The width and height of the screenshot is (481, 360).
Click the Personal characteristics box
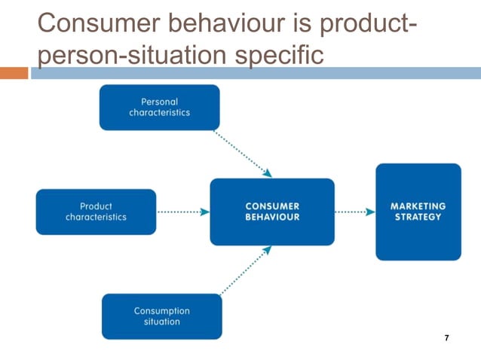(159, 107)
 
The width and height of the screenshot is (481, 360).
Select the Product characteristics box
(96, 212)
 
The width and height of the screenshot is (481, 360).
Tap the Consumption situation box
(161, 316)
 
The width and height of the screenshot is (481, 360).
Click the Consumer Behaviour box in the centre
(271, 212)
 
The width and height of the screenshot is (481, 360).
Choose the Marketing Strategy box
(418, 212)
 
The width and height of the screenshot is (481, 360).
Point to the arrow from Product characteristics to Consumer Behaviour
(183, 212)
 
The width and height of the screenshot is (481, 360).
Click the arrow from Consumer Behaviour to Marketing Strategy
(354, 212)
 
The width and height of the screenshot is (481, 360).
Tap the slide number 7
(447, 338)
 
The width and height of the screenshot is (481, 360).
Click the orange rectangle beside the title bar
(14, 73)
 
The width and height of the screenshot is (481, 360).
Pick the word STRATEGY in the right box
(418, 217)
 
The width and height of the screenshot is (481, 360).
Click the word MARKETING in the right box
(418, 206)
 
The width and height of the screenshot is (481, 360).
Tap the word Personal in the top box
(159, 102)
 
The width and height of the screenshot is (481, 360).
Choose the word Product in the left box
(96, 206)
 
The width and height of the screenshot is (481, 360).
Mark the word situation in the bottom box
(161, 322)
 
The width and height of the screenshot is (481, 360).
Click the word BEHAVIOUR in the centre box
(271, 217)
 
